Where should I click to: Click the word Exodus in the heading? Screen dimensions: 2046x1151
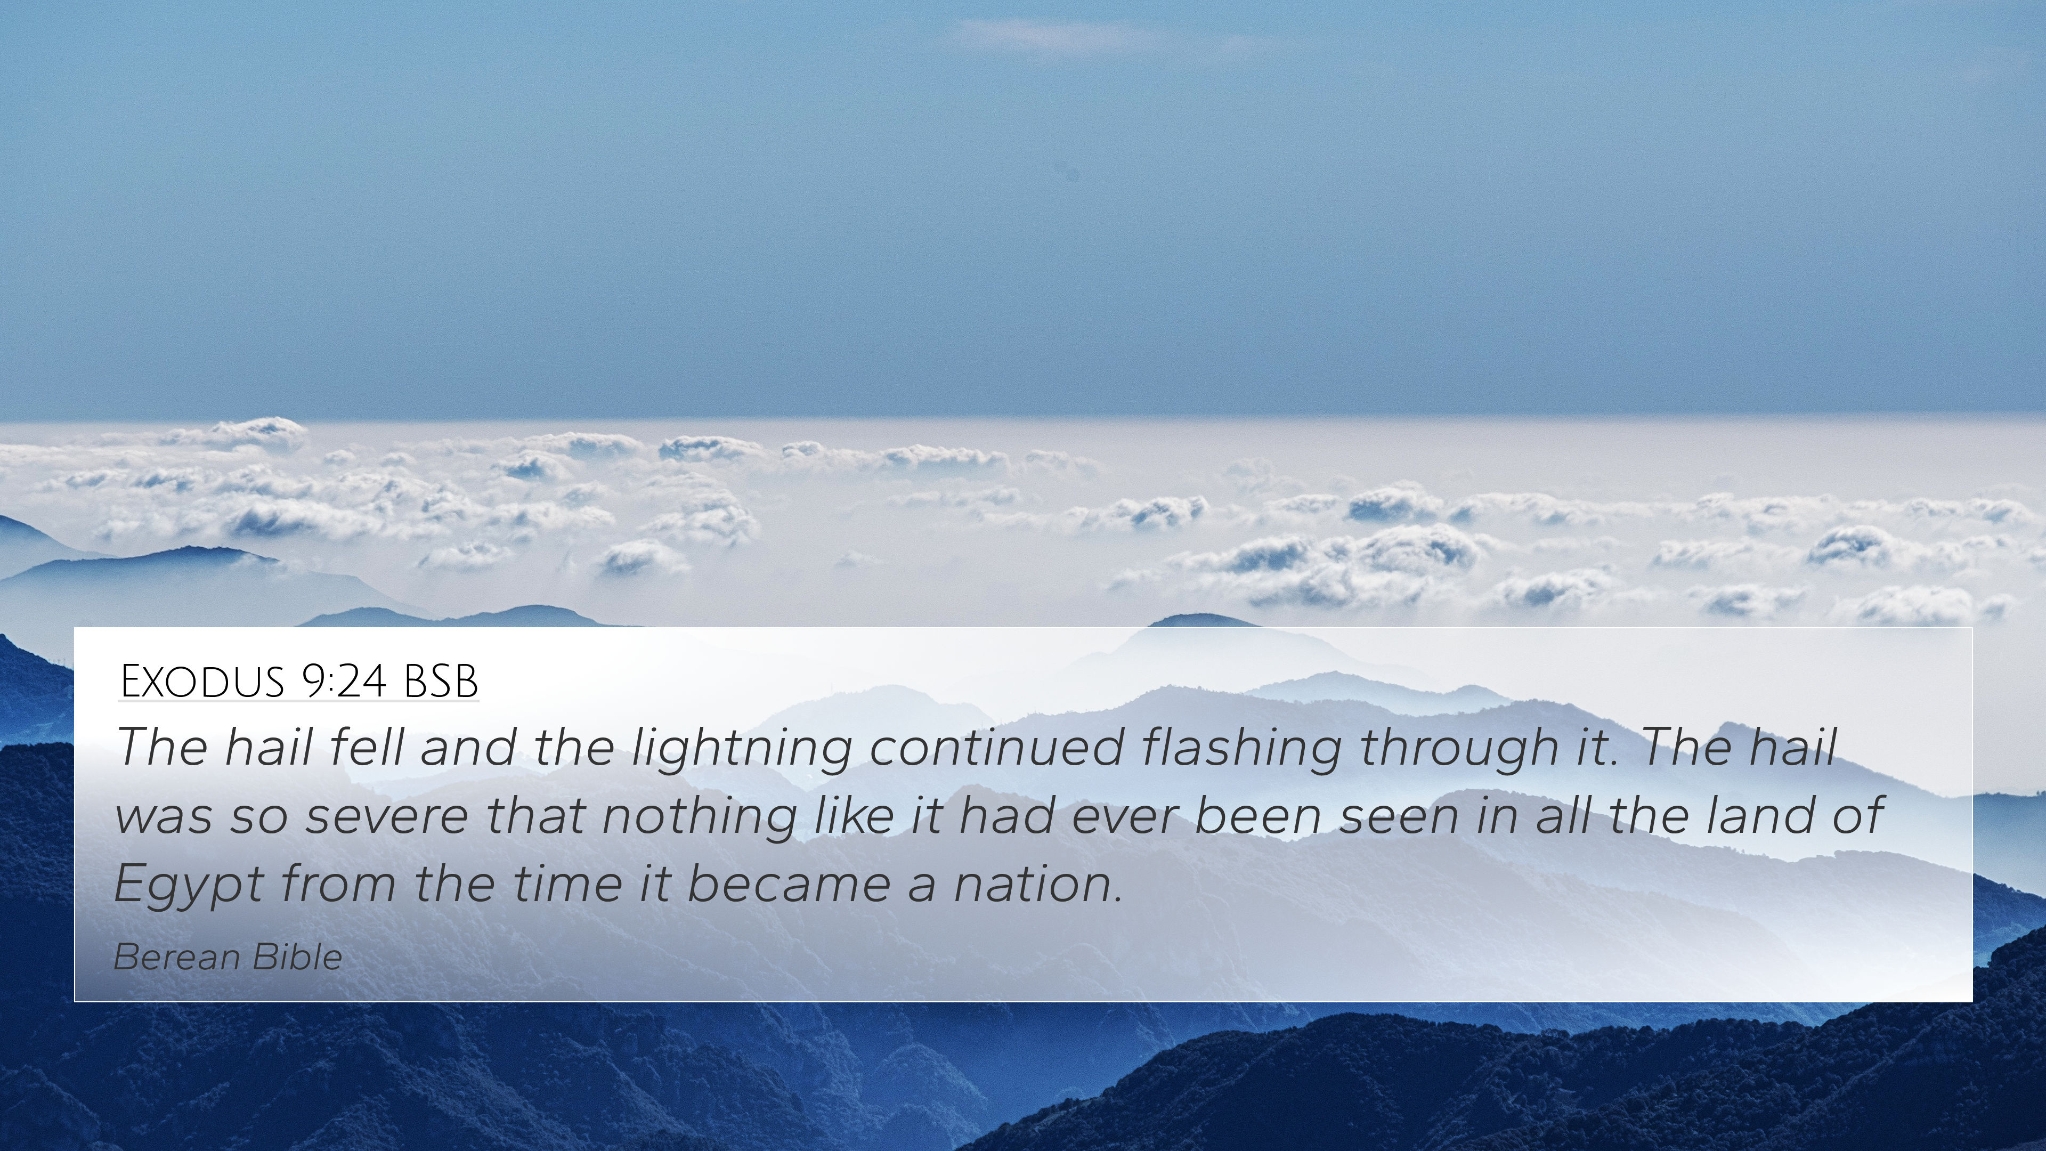click(x=202, y=681)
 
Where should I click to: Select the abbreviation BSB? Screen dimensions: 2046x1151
click(x=441, y=681)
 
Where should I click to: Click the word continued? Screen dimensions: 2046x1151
click(x=996, y=748)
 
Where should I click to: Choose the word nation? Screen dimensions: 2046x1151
click(x=1038, y=884)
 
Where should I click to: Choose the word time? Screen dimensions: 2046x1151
click(x=567, y=884)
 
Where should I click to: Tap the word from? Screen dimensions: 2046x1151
click(x=338, y=884)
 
